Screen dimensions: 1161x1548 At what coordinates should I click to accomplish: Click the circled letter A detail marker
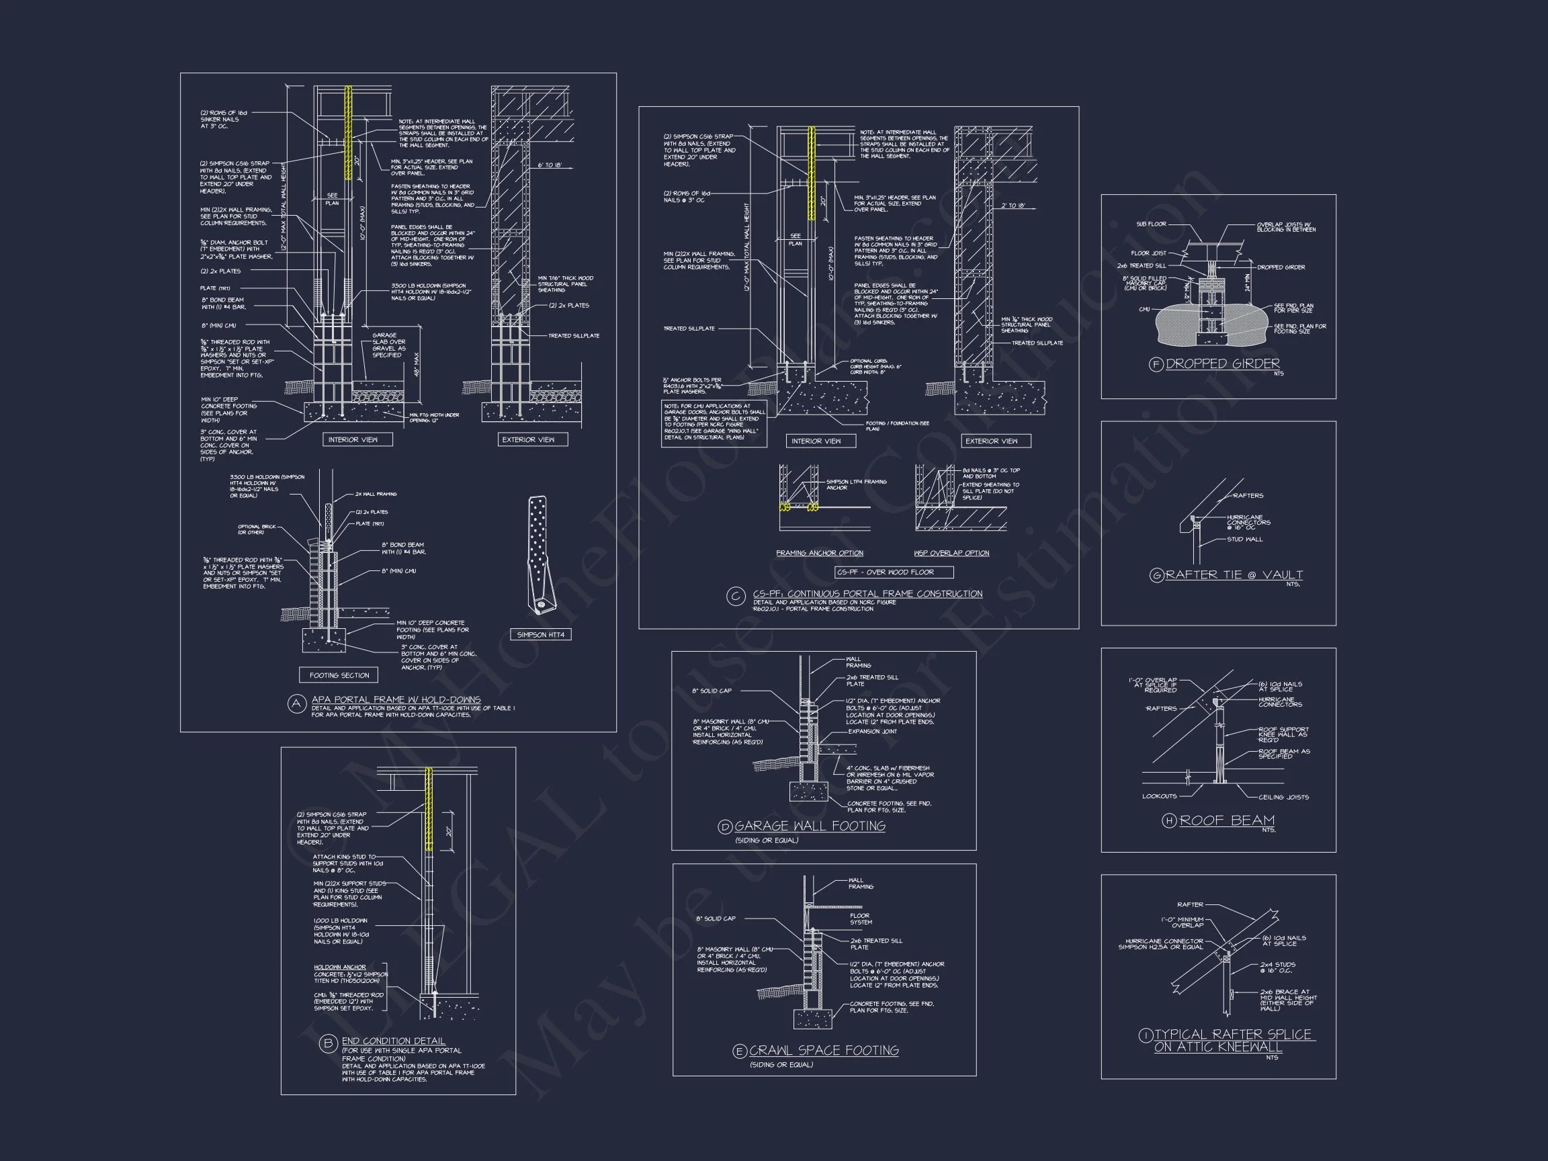(297, 704)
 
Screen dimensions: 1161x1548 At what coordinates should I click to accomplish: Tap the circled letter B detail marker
(329, 1045)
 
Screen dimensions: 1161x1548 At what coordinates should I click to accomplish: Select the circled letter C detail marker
(736, 597)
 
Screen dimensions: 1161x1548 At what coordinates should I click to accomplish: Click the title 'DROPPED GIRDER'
(1223, 364)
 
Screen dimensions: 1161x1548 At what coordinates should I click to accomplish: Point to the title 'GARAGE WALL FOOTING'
(810, 826)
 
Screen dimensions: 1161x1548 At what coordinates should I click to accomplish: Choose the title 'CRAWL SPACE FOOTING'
(824, 1050)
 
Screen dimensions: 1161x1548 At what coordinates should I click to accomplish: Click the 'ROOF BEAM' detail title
(1227, 820)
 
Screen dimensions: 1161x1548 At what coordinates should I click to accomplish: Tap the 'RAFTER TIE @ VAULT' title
(1234, 574)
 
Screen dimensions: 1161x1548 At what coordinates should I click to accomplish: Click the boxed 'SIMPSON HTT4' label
(540, 635)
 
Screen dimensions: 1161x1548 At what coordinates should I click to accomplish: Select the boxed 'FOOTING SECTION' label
(339, 675)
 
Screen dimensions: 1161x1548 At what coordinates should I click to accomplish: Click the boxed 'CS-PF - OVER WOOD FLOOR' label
(894, 572)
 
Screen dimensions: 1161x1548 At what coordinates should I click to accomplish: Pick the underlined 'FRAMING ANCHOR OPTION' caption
(820, 553)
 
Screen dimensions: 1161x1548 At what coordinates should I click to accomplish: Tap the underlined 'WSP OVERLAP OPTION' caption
(951, 553)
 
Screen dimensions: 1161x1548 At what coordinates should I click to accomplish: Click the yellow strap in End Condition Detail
(429, 808)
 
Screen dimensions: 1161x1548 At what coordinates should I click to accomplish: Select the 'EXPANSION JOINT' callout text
(872, 731)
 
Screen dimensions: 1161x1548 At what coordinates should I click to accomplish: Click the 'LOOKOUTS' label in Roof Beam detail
(1159, 795)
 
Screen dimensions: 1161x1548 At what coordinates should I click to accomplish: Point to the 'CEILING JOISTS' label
(1283, 797)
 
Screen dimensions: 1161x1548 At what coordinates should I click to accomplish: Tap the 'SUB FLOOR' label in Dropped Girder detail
(1151, 224)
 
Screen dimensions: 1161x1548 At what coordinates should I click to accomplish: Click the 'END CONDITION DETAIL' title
(393, 1041)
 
